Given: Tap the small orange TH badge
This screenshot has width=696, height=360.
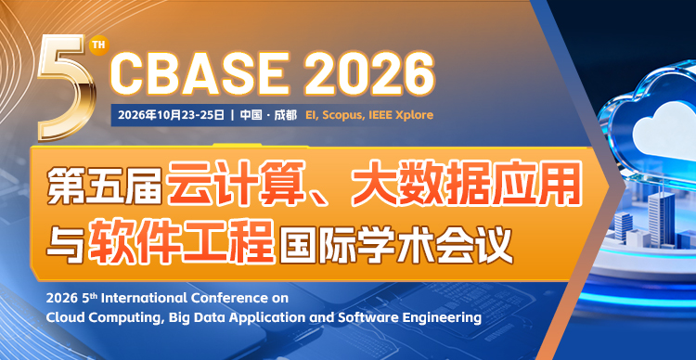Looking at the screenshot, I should [x=100, y=44].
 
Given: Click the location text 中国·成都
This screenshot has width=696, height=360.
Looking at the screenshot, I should [x=268, y=115].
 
